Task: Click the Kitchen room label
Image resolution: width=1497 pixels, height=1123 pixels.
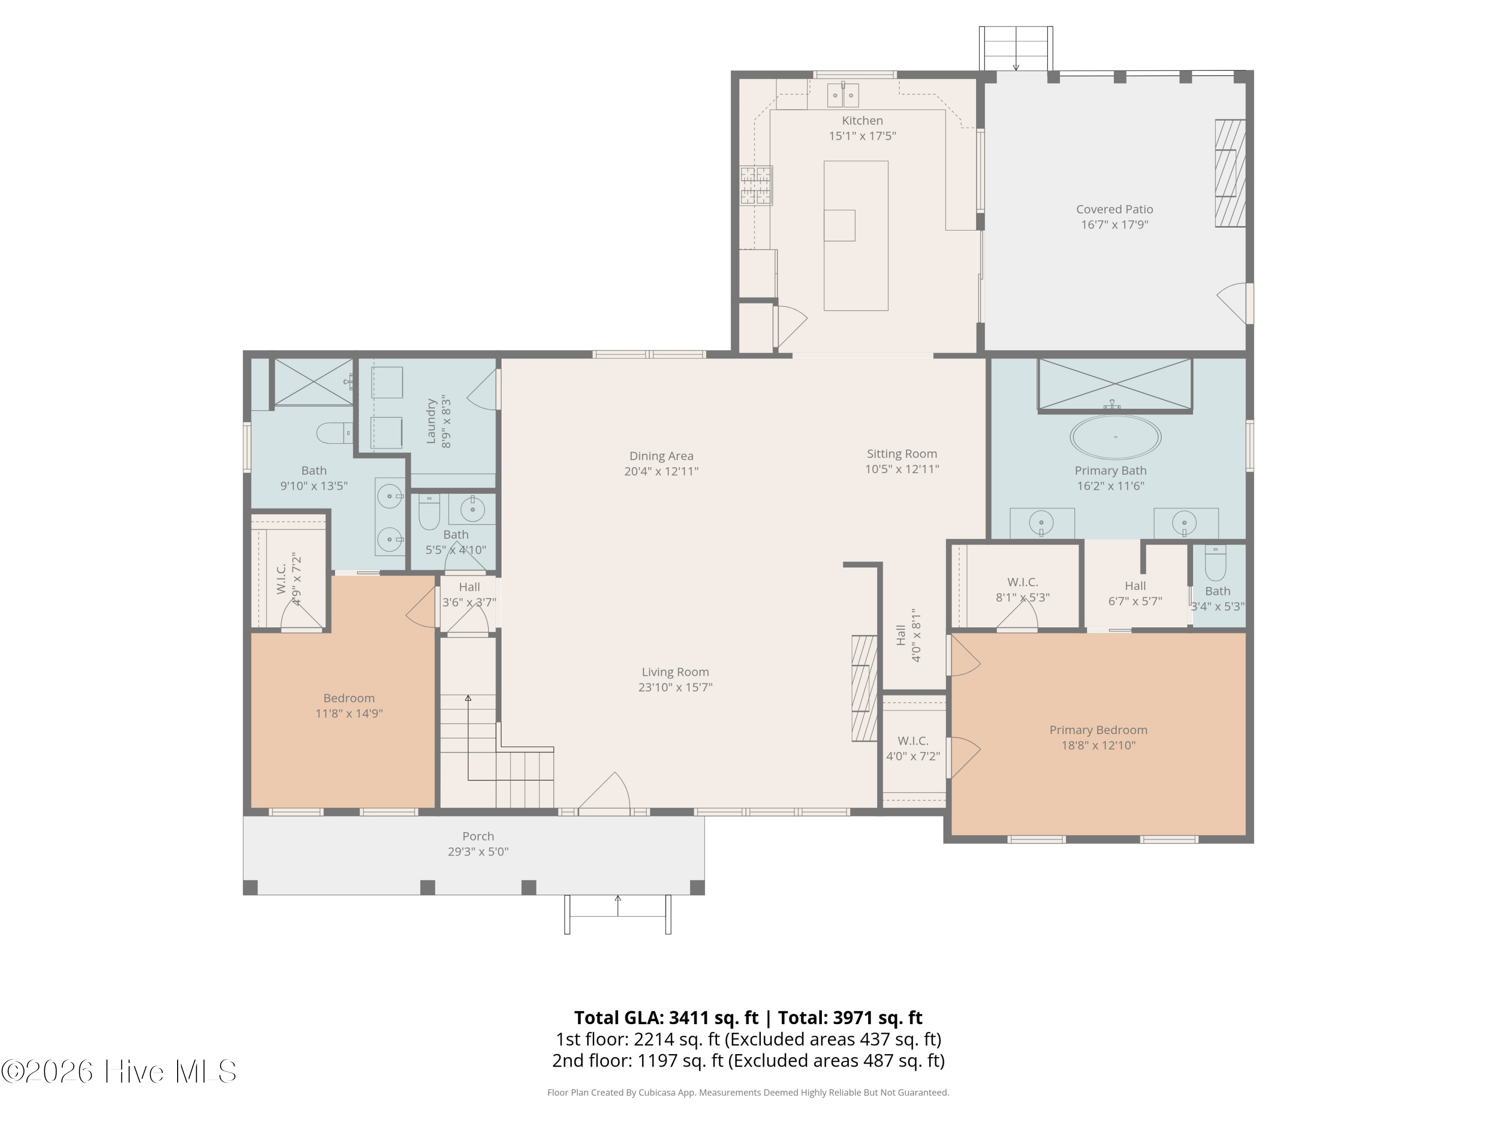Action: point(862,120)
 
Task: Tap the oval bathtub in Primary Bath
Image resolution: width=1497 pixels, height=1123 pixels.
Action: point(1115,437)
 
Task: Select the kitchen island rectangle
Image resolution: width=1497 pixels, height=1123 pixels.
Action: point(855,236)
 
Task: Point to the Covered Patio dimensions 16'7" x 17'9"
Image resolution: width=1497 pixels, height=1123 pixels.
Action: point(1115,225)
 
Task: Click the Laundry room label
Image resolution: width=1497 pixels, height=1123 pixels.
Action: point(431,421)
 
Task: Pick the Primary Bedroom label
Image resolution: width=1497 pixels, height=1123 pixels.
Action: point(1098,730)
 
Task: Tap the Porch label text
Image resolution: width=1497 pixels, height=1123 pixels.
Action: point(478,836)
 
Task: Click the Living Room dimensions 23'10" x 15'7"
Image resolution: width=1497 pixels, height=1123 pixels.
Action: point(676,687)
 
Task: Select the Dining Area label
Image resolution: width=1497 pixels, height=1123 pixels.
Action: point(661,456)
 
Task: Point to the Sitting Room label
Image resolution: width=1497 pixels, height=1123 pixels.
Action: point(902,454)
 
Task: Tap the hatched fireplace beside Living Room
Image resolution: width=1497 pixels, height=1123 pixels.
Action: point(864,688)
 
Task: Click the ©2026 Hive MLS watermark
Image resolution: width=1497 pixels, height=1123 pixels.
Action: point(118,1072)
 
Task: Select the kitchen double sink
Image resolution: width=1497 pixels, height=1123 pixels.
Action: point(843,95)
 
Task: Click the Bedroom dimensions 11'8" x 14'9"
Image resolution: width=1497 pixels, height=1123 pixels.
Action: point(349,713)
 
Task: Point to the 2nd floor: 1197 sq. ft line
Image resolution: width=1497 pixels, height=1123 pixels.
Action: point(748,1060)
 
